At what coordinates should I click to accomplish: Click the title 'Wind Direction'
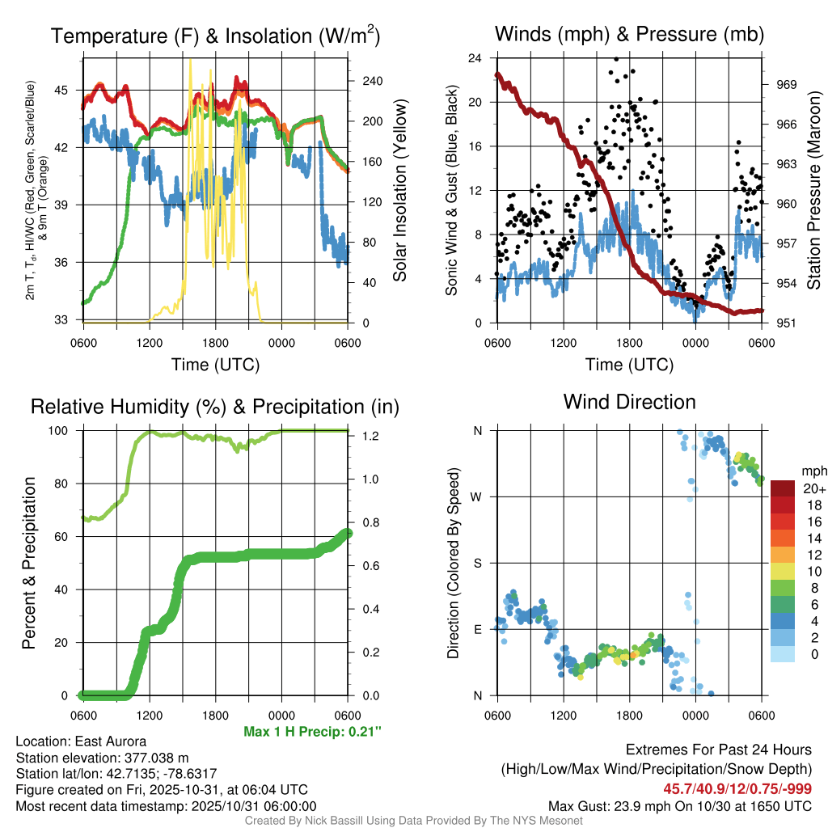(x=629, y=402)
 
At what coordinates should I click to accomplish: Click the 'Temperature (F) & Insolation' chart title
(x=215, y=36)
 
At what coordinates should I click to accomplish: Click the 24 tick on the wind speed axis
(x=475, y=58)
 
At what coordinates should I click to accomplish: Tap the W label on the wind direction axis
(x=478, y=496)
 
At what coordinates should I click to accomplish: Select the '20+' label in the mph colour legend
(x=814, y=489)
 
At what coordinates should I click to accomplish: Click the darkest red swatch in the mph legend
(x=784, y=489)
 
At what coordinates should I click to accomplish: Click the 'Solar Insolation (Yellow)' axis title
(x=399, y=191)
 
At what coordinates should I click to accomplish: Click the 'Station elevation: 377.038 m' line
(x=102, y=757)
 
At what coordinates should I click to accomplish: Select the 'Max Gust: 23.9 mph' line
(x=679, y=805)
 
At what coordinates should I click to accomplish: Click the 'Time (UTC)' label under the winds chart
(x=630, y=365)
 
